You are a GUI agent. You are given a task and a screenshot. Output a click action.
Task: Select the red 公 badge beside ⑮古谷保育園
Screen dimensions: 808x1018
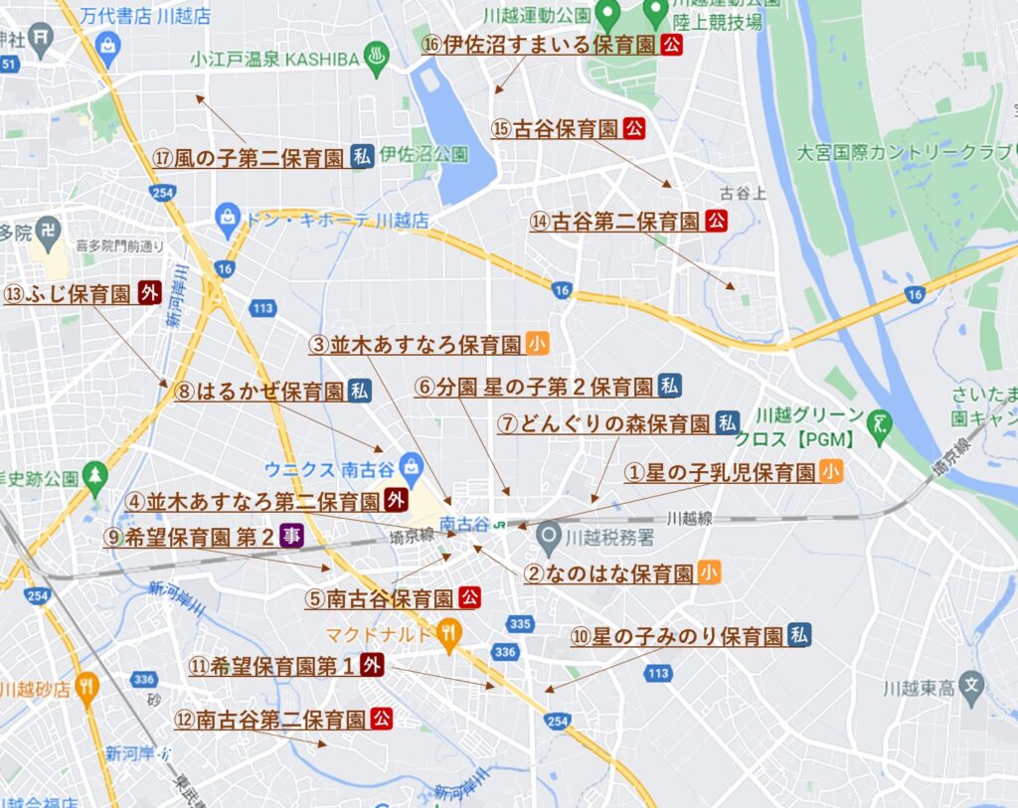[634, 128]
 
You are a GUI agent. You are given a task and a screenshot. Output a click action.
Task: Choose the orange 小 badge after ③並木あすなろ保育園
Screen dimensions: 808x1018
[538, 344]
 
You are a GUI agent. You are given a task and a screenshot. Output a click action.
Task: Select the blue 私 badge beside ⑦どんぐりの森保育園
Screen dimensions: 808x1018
[728, 423]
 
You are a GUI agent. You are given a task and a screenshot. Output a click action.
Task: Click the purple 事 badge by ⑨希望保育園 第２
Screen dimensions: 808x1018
[291, 537]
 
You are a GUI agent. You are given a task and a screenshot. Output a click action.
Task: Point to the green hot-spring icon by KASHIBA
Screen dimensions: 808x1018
[376, 56]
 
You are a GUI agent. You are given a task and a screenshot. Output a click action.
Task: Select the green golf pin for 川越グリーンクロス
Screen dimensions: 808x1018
[879, 420]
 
